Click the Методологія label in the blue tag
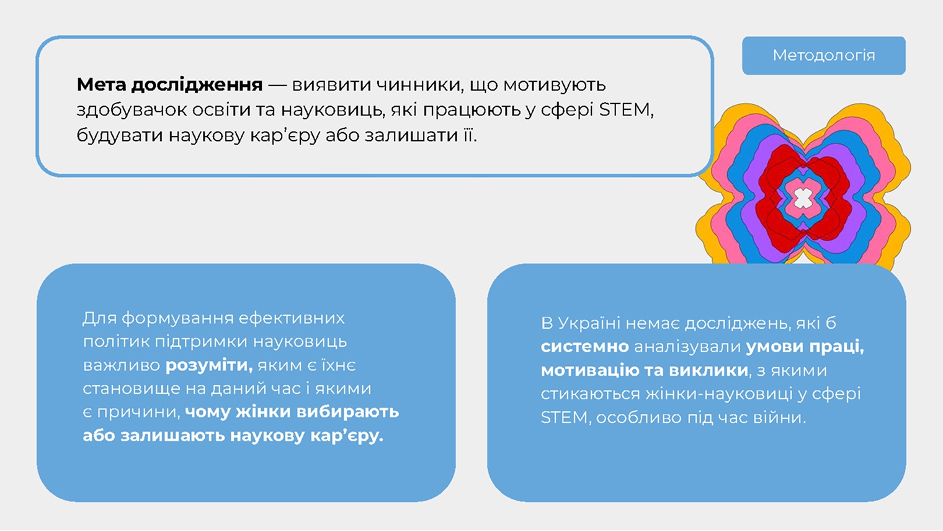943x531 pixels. tap(823, 56)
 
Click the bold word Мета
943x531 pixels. tap(101, 85)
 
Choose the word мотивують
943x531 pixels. tap(554, 85)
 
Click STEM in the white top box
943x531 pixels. tap(625, 110)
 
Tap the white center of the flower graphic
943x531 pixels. tap(803, 198)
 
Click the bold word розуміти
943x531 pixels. tap(208, 365)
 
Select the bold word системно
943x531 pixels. tap(584, 347)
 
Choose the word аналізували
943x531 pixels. tap(687, 347)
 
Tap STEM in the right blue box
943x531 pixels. tap(564, 417)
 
